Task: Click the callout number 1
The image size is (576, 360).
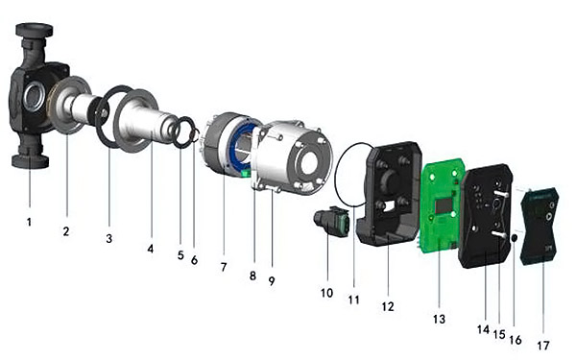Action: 29,222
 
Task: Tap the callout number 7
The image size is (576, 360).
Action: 224,267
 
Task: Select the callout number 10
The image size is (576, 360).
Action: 326,293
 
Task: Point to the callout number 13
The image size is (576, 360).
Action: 439,319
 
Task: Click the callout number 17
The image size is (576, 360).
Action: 543,346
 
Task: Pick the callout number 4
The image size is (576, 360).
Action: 151,249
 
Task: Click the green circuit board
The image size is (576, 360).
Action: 441,205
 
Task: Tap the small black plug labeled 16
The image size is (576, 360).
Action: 515,238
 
